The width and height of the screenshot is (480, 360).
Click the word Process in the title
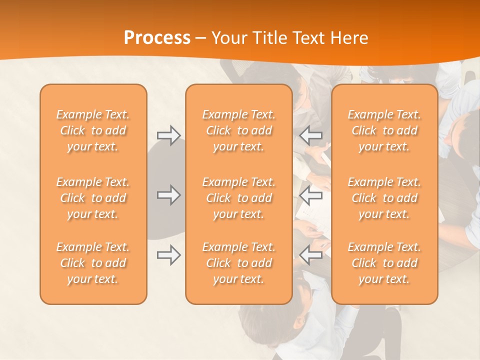click(157, 37)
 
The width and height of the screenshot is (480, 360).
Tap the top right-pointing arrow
click(168, 135)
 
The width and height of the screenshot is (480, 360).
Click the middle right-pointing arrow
click(168, 195)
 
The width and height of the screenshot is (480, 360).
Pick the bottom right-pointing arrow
click(168, 255)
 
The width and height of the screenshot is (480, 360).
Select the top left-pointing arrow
click(311, 135)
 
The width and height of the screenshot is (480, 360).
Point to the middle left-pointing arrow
click(311, 195)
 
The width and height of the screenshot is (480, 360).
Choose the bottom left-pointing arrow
click(311, 255)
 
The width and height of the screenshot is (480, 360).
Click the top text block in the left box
click(93, 130)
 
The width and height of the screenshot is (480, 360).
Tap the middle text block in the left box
click(93, 198)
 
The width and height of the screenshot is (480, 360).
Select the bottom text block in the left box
click(93, 263)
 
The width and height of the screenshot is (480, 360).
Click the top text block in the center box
click(239, 130)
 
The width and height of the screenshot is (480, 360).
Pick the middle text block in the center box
click(239, 198)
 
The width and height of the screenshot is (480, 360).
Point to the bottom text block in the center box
click(239, 263)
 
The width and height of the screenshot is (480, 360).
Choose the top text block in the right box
click(384, 130)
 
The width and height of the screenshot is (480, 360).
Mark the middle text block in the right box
click(384, 198)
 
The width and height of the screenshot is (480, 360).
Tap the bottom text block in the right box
click(384, 263)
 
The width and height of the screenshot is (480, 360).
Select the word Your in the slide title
click(229, 37)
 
